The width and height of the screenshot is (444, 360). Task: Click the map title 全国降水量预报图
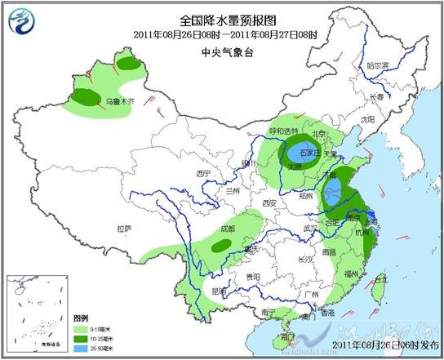pyautogui.click(x=223, y=19)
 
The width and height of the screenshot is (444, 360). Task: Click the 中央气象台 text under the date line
pyautogui.click(x=223, y=50)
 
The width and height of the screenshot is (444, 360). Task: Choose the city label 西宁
pyautogui.click(x=203, y=174)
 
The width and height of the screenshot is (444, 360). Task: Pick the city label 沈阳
pyautogui.click(x=367, y=119)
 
